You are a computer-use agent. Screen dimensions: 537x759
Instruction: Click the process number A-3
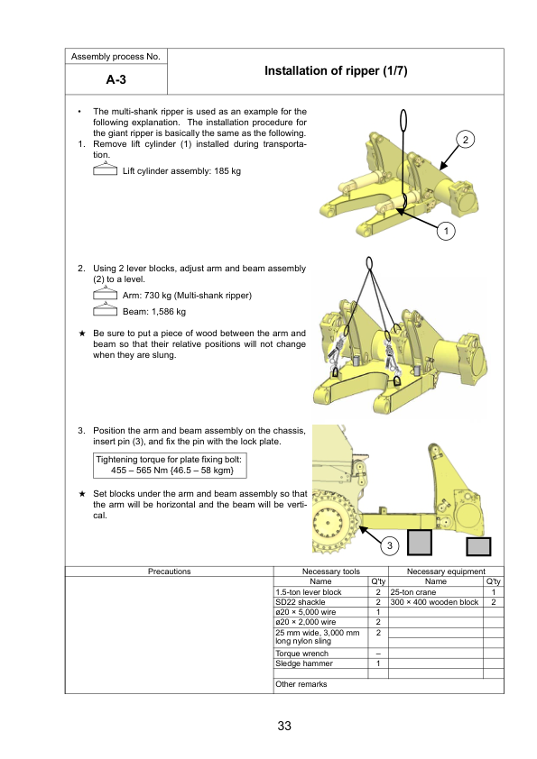click(x=116, y=79)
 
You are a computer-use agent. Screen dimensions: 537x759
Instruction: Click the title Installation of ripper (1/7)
click(x=336, y=70)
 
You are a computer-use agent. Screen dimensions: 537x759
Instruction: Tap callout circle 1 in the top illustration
click(x=446, y=231)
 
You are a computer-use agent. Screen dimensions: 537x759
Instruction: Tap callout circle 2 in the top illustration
click(x=466, y=140)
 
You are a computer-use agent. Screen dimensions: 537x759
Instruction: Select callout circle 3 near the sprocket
click(x=390, y=545)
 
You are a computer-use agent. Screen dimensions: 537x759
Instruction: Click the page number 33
click(x=284, y=726)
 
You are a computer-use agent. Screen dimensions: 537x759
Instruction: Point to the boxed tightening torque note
click(x=170, y=465)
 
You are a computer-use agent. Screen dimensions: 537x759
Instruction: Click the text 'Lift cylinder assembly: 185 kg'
click(x=181, y=171)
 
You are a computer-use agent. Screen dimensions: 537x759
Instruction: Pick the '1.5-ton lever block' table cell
click(x=320, y=592)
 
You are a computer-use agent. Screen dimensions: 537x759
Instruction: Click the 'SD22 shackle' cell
click(x=320, y=602)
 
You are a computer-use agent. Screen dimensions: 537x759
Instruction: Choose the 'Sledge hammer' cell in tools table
click(x=320, y=663)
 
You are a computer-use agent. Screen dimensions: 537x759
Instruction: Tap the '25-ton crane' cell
click(x=436, y=592)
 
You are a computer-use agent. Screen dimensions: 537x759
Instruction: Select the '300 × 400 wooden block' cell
click(x=436, y=602)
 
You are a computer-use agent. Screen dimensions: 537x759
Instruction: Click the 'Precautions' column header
click(x=169, y=572)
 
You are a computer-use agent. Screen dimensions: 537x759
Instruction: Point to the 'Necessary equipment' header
click(x=446, y=572)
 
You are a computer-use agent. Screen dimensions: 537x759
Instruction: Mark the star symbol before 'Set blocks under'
click(x=82, y=494)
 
